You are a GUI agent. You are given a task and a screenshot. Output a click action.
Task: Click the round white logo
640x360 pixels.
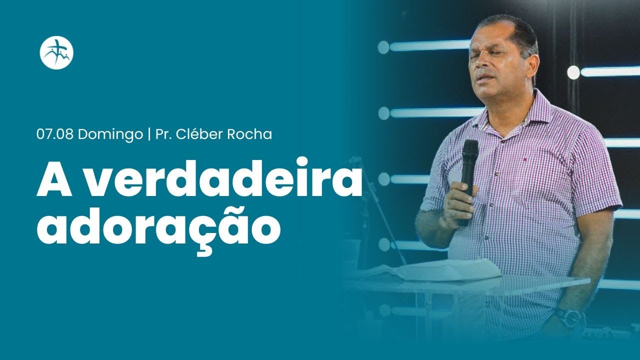pos(56,52)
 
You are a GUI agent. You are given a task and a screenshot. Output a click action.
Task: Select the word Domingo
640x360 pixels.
pos(110,134)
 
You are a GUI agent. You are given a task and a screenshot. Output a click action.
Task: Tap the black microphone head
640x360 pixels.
pos(469,150)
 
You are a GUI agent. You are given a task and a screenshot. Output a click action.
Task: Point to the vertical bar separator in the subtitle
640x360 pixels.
pos(149,134)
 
